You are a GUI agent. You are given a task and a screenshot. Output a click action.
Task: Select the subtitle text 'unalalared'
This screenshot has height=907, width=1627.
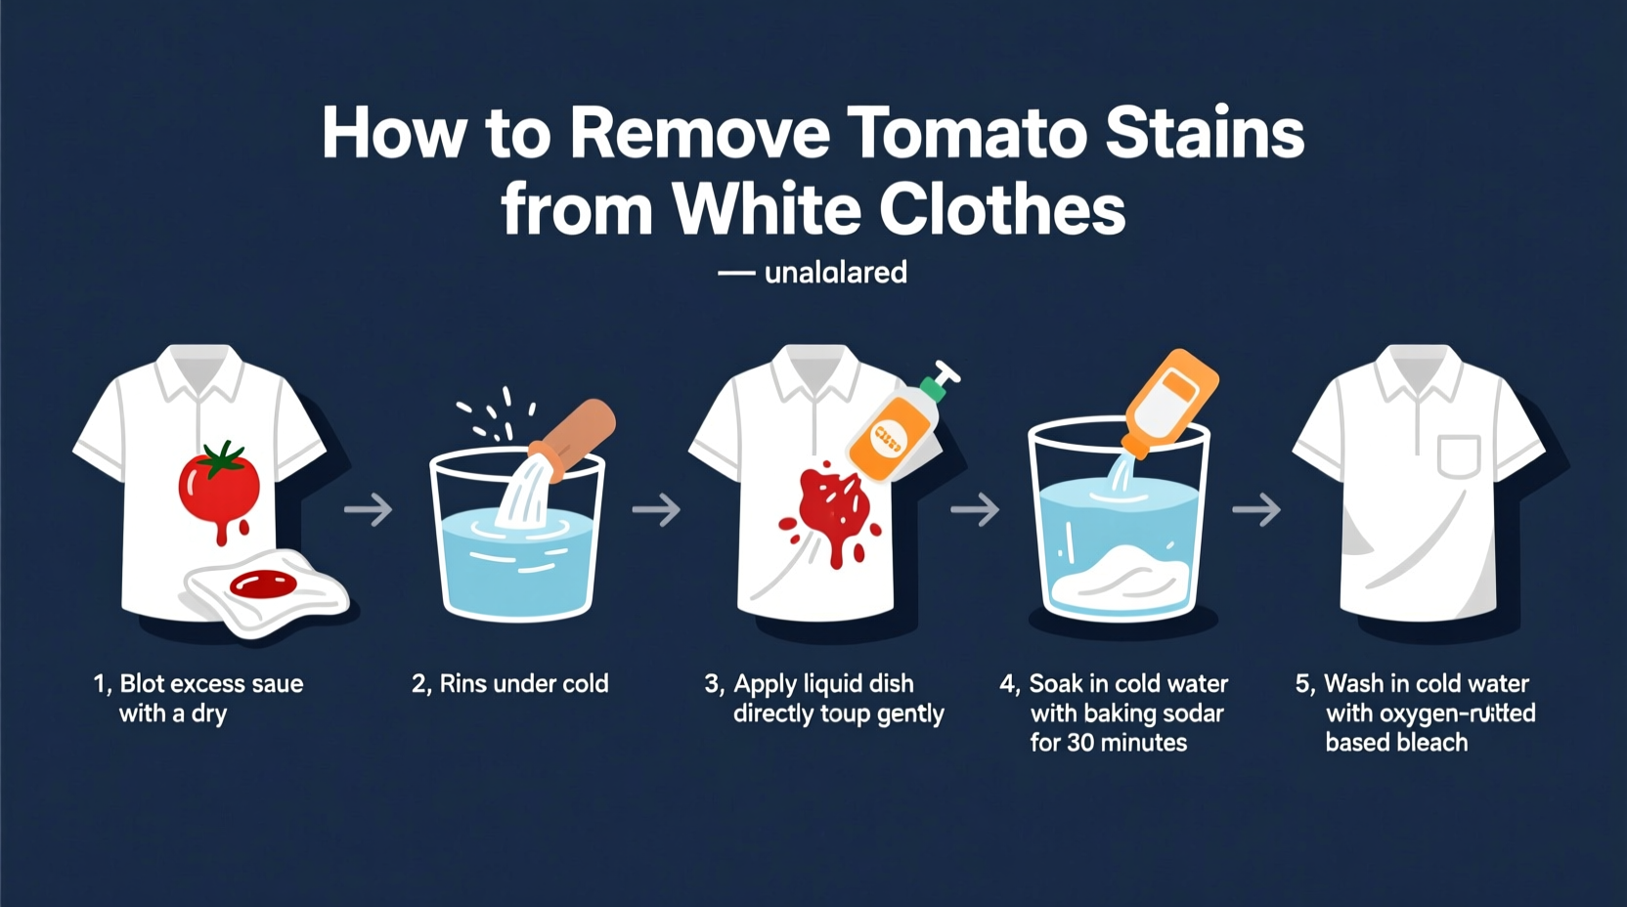[835, 273]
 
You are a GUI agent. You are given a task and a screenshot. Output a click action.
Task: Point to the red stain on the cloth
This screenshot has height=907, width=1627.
[263, 584]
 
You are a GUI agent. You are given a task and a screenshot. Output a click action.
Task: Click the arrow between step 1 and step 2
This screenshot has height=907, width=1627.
[368, 509]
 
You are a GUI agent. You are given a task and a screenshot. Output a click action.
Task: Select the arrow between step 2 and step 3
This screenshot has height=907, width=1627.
[656, 509]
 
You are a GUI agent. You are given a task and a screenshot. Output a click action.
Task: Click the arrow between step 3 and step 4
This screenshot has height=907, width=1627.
[975, 509]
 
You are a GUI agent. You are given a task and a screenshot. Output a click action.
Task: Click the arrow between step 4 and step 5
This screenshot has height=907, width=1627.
[1256, 509]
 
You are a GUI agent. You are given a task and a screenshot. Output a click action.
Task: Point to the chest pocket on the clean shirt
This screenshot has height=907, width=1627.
[1458, 455]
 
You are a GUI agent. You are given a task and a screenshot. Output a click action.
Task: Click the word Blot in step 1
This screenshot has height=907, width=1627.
[142, 684]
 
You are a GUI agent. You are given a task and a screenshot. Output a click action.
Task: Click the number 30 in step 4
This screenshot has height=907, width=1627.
[1080, 743]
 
